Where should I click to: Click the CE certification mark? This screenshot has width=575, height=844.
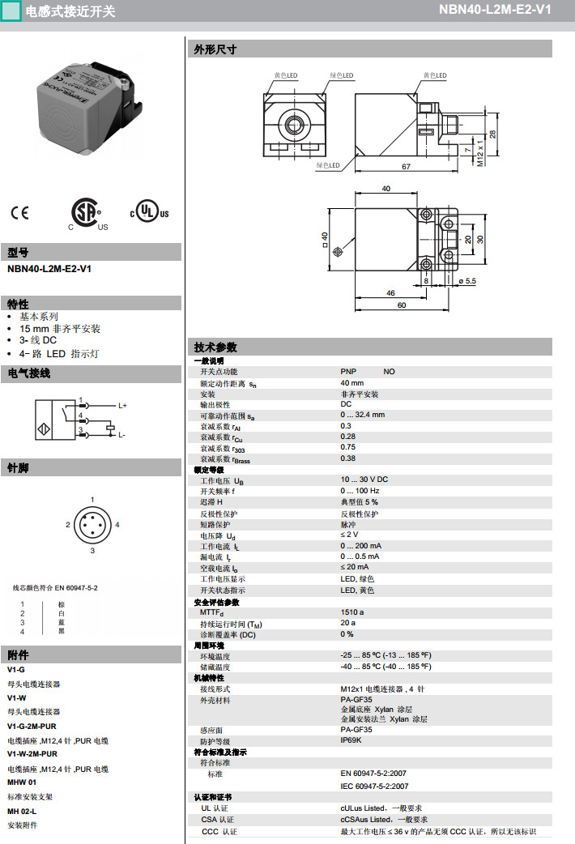[19, 213]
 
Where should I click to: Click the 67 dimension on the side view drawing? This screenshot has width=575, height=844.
[405, 166]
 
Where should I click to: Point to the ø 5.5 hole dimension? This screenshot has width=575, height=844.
[467, 280]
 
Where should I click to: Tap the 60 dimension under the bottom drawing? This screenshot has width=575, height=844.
[401, 305]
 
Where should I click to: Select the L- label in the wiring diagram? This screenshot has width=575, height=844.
[122, 436]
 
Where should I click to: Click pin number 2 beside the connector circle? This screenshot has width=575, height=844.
[68, 525]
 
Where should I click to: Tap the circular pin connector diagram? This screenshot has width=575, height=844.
[92, 525]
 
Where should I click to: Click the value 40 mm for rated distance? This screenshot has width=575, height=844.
[351, 382]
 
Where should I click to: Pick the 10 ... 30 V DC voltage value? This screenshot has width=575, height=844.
[364, 480]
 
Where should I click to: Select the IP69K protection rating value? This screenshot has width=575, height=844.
[351, 740]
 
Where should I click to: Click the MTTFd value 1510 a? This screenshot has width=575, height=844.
[351, 612]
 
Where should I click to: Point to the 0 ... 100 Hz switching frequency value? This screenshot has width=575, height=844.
[360, 491]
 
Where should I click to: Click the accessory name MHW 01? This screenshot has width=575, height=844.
[22, 782]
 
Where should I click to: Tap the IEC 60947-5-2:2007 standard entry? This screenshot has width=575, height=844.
[374, 786]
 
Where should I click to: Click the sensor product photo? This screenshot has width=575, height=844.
[91, 109]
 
